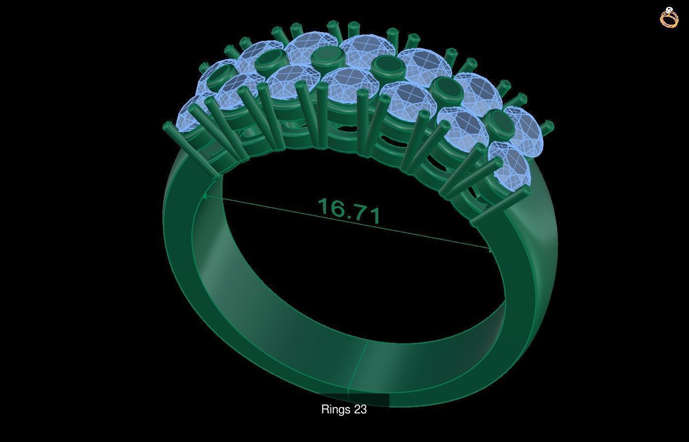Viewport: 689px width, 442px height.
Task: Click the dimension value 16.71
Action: click(350, 211)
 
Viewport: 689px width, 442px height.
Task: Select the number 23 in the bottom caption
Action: click(360, 409)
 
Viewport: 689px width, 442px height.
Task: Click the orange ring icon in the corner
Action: click(669, 18)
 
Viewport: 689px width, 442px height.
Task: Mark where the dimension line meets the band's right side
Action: click(490, 249)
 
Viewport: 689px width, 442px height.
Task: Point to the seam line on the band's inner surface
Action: click(359, 365)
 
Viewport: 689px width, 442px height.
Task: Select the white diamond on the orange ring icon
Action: click(669, 9)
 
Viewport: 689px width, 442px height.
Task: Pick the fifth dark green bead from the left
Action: click(446, 89)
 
